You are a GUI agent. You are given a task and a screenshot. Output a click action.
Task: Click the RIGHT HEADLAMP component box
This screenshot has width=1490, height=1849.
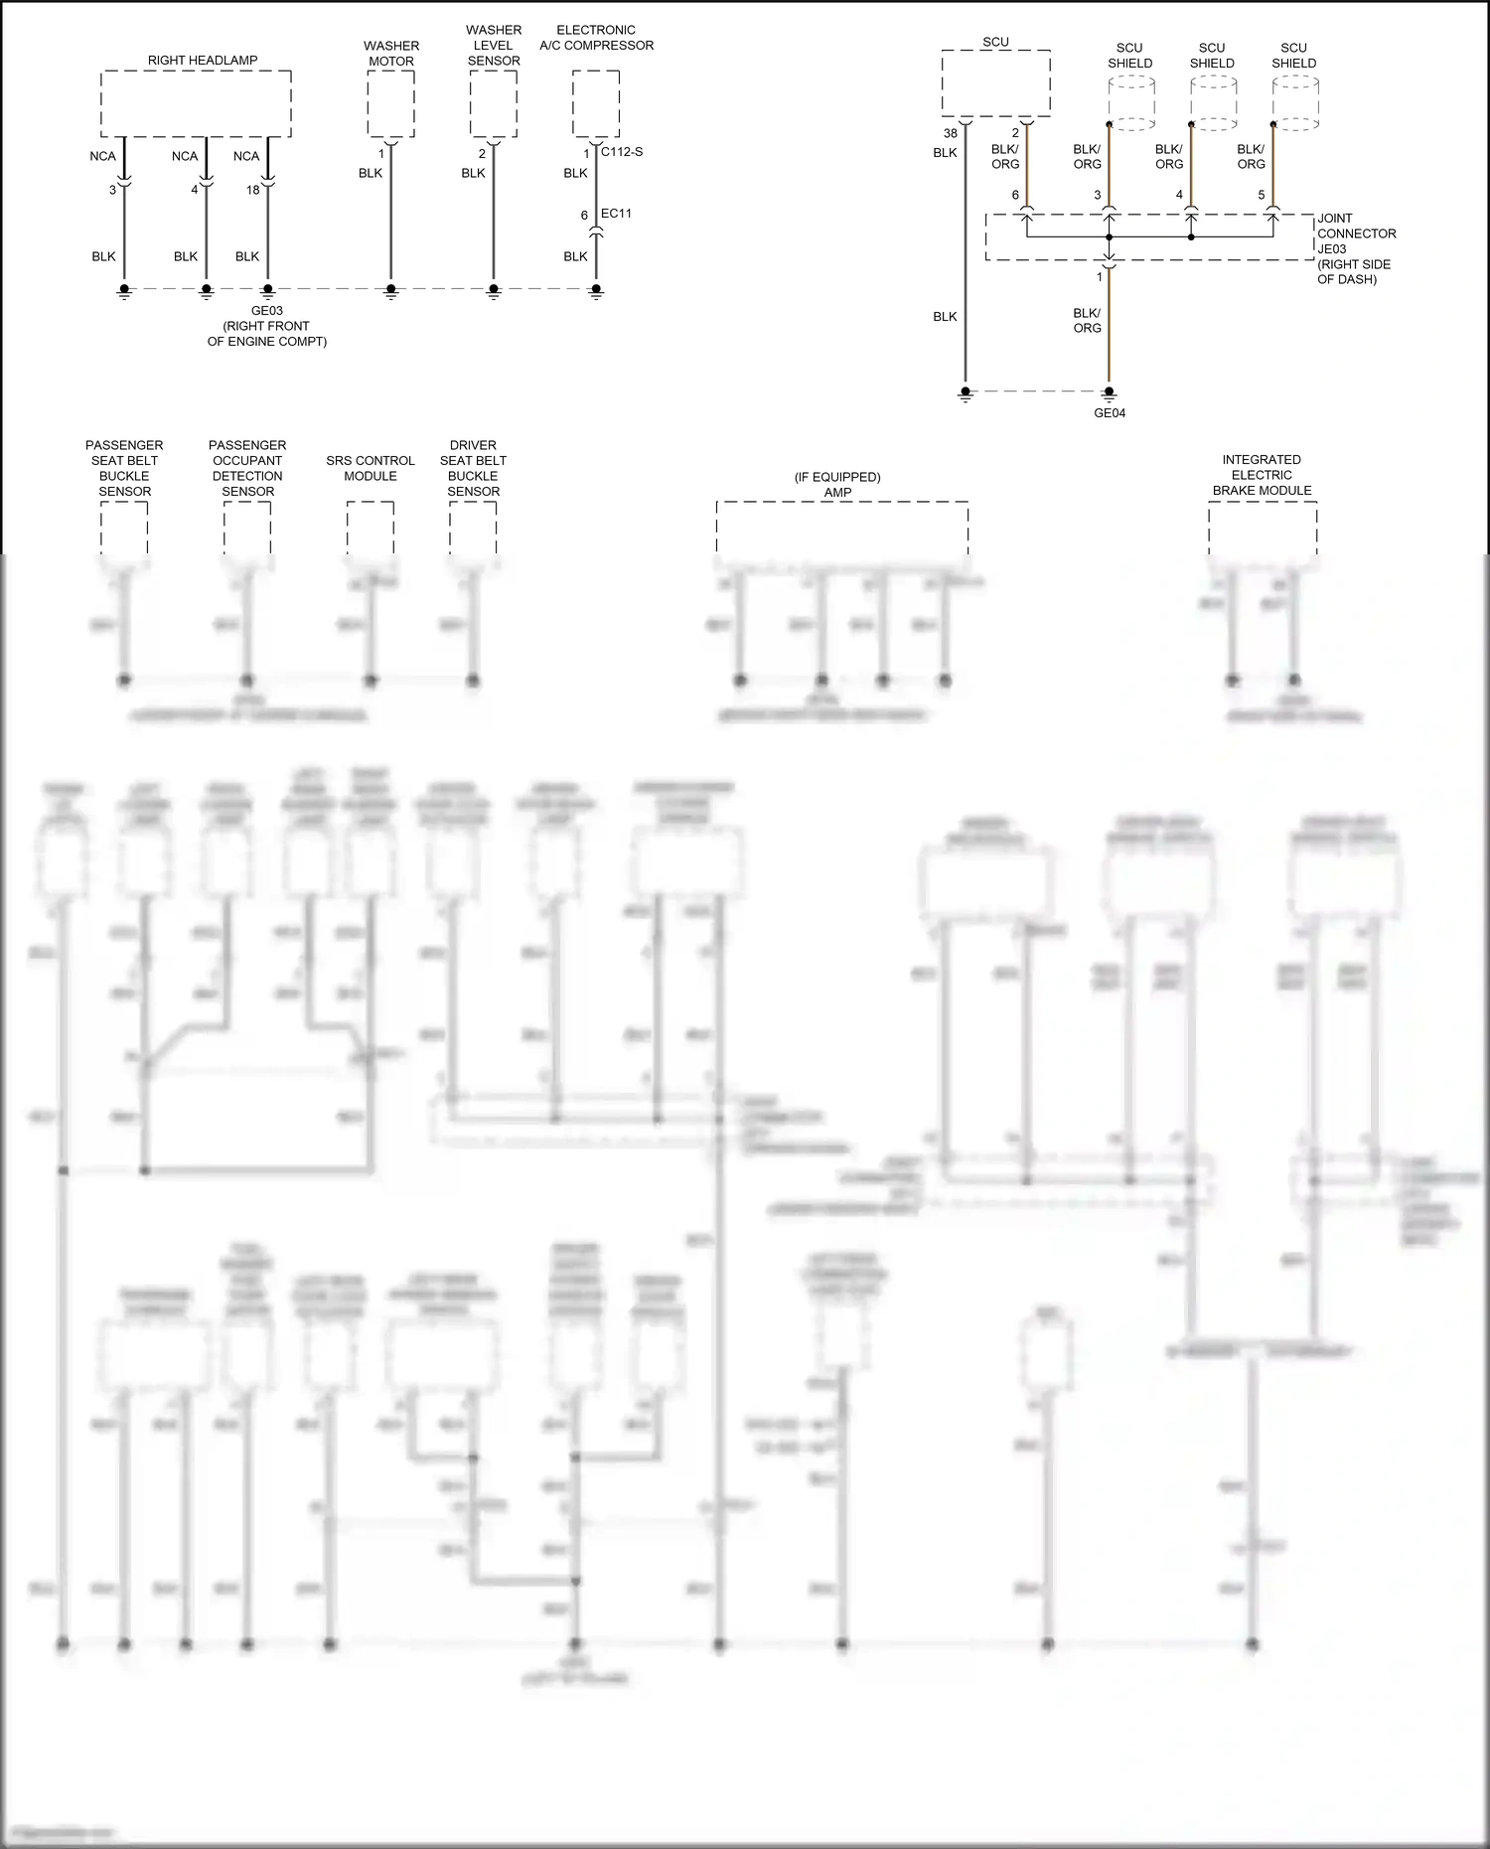[x=196, y=103]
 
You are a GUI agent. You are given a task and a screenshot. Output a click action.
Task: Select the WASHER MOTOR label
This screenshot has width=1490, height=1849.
[x=391, y=54]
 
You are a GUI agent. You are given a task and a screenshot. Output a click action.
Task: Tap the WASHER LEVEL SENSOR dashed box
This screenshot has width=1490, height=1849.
[x=494, y=103]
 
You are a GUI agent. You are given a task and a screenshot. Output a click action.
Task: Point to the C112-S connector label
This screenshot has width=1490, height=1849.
[x=622, y=152]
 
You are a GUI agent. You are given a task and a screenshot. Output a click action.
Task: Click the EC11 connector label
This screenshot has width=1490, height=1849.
[x=616, y=214]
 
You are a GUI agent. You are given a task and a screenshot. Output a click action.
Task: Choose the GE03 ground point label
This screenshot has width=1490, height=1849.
[x=266, y=311]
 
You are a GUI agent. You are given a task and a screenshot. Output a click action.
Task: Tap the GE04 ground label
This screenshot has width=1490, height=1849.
[x=1110, y=413]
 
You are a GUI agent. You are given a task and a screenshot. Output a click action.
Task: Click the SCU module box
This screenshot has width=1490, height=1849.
[x=995, y=83]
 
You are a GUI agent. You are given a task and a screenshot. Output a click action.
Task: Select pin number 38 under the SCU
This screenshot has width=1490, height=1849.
[x=951, y=133]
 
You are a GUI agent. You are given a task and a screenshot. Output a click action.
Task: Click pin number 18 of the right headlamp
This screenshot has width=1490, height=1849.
[x=253, y=190]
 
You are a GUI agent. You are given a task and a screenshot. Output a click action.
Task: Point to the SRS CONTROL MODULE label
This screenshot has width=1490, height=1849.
[x=371, y=468]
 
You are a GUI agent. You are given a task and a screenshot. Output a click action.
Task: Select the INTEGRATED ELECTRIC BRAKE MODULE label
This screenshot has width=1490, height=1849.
[x=1262, y=475]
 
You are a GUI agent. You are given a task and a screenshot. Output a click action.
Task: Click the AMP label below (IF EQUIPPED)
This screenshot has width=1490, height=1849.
[x=837, y=492]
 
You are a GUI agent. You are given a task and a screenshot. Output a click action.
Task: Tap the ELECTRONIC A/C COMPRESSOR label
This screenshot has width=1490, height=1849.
[x=596, y=38]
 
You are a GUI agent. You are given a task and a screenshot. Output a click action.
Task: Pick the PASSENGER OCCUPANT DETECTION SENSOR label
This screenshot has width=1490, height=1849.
[x=247, y=468]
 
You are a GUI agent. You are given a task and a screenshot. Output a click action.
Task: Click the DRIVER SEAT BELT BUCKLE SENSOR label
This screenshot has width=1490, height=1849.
[x=473, y=468]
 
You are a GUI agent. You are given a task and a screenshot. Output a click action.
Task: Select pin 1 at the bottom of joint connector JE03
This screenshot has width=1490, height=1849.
[x=1100, y=277]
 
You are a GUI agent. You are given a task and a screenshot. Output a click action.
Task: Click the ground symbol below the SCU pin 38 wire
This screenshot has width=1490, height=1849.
[x=965, y=394]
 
